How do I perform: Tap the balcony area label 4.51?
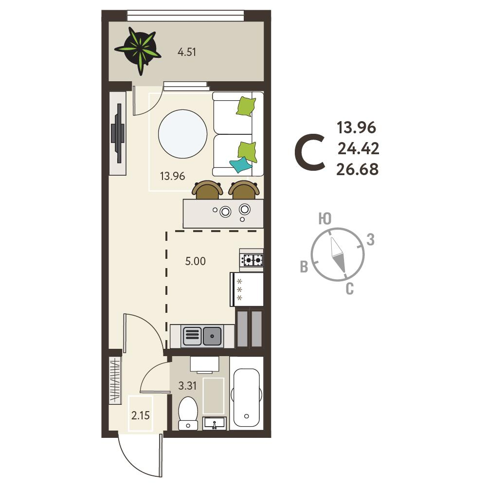(187, 52)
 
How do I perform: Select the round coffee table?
(182, 134)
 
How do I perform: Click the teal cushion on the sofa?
(240, 164)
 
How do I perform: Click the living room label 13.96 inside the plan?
(172, 176)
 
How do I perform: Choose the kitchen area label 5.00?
(196, 261)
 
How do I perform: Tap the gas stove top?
(251, 259)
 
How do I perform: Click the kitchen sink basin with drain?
(213, 336)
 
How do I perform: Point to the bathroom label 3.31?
(187, 386)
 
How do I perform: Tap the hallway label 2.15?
(141, 415)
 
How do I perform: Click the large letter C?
(309, 152)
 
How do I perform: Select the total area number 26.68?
(358, 170)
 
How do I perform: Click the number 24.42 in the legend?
(359, 149)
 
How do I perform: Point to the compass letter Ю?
(325, 219)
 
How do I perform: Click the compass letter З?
(371, 240)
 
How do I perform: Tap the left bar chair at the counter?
(207, 190)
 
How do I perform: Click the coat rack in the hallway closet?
(115, 380)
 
